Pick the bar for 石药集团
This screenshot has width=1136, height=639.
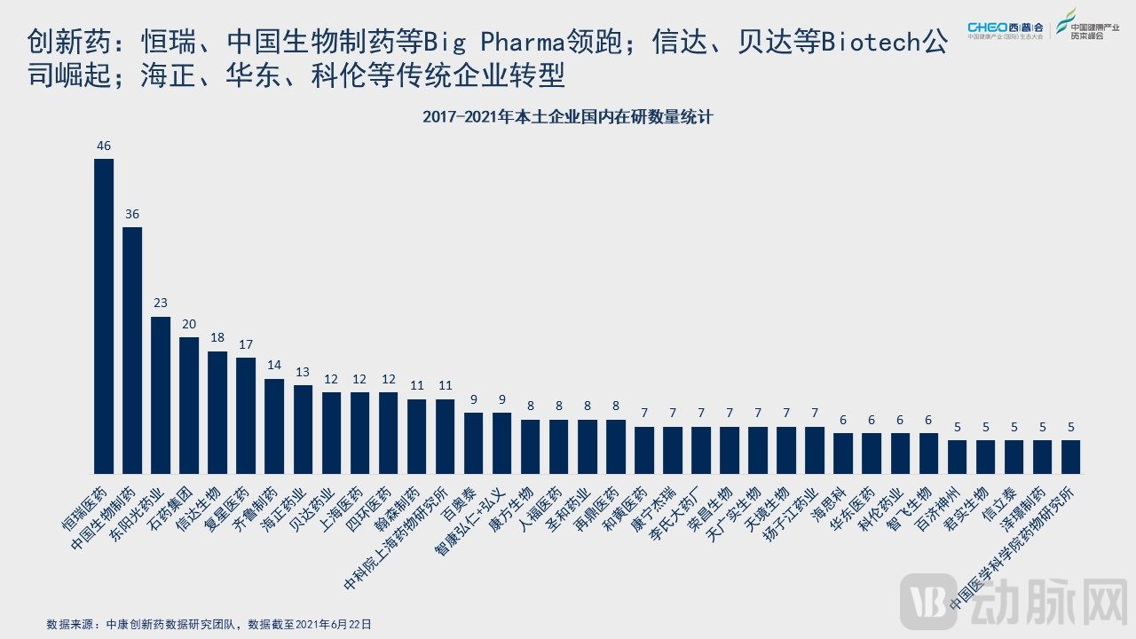point(189,405)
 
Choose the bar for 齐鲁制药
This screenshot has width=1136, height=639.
point(274,425)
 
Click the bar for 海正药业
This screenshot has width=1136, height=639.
point(303,429)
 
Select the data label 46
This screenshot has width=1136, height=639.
point(104,146)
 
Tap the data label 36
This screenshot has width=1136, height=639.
point(132,214)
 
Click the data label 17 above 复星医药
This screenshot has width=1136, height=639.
point(246,344)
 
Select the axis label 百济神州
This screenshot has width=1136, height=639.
point(937,509)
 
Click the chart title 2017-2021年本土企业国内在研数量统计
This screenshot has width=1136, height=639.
point(568,116)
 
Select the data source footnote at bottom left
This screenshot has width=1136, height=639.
point(209,624)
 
